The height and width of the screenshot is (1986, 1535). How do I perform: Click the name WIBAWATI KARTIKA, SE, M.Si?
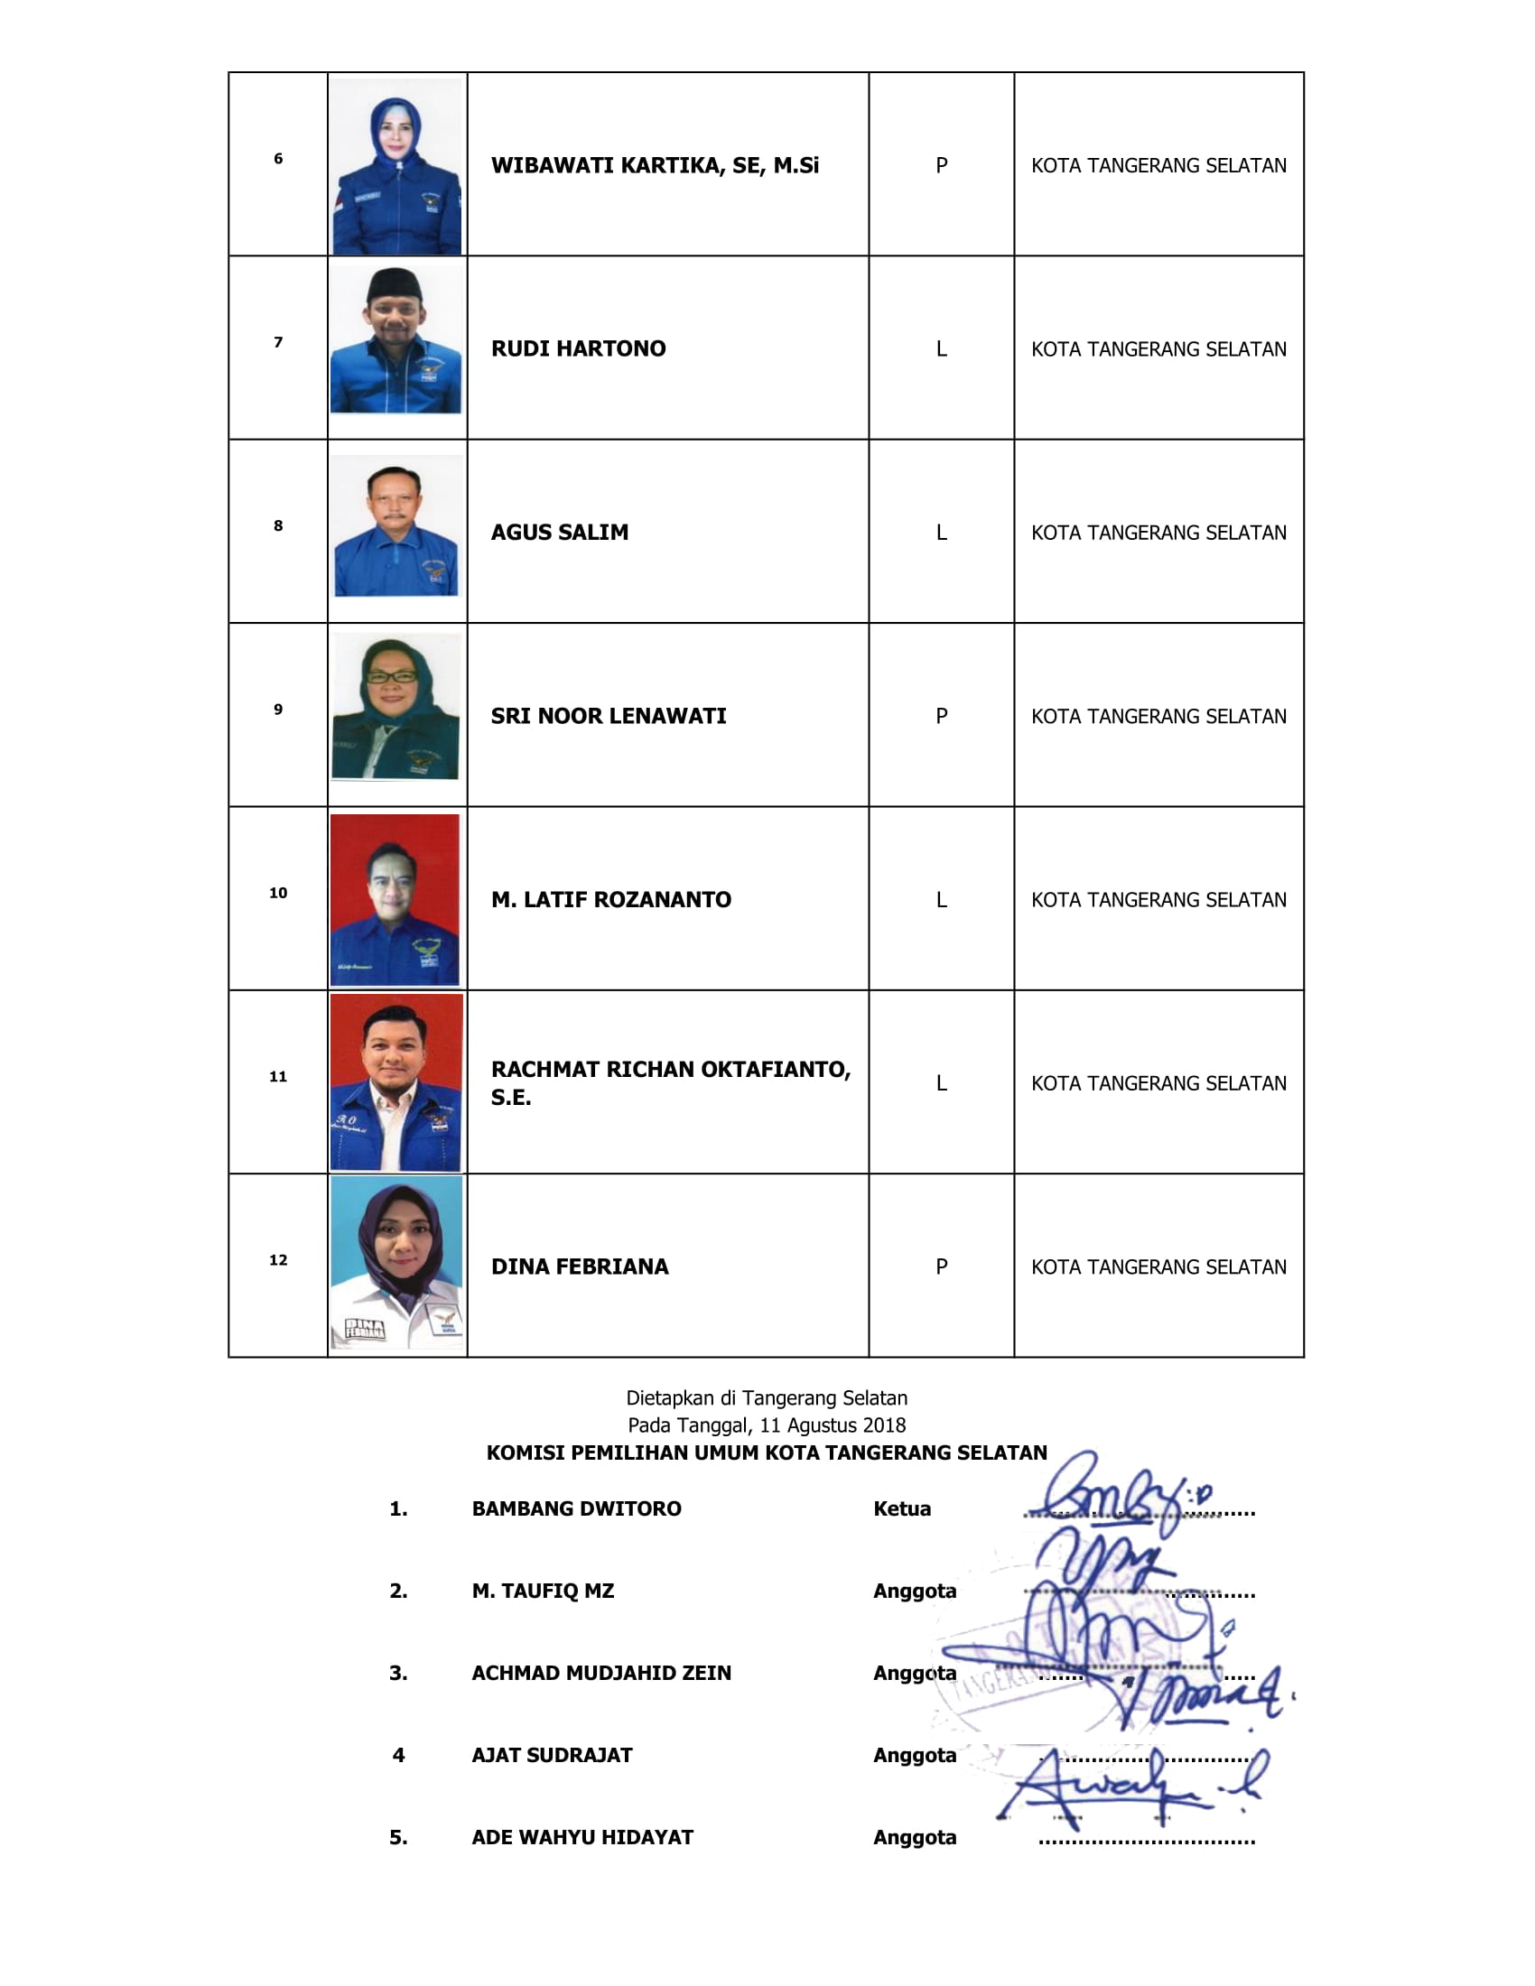[654, 165]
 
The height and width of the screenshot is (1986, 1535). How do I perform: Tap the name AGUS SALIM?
[559, 533]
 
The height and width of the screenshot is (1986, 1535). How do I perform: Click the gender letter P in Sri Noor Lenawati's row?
[941, 717]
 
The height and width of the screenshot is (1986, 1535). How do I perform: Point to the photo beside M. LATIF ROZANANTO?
[395, 899]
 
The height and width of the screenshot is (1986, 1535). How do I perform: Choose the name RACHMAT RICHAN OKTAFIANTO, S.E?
[670, 1082]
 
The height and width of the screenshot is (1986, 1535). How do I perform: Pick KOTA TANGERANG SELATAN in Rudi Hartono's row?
[1158, 349]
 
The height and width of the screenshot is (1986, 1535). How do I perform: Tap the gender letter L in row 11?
[941, 1084]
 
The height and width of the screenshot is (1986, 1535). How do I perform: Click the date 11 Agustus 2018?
[833, 1425]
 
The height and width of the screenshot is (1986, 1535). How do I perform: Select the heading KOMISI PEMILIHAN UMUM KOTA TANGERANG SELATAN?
[767, 1452]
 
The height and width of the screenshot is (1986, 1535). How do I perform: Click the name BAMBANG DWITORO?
[576, 1508]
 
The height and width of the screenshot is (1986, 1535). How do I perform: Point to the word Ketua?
[901, 1508]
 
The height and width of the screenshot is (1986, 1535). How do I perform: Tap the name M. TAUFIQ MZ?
[543, 1591]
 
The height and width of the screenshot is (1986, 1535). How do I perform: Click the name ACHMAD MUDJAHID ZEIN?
[601, 1672]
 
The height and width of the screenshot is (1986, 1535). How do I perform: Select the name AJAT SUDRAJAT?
[552, 1755]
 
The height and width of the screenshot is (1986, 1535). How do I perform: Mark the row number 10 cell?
[278, 893]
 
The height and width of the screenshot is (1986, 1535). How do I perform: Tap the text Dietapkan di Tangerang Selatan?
[767, 1397]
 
